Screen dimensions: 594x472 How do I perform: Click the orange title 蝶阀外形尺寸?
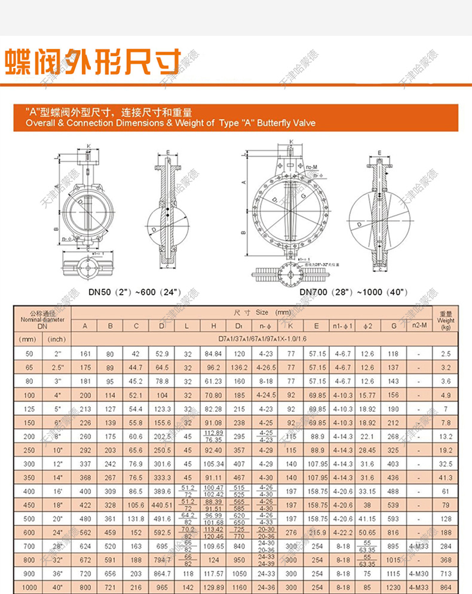coord(93,62)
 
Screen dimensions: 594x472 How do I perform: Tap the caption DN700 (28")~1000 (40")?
coord(354,292)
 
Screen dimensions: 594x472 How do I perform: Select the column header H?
coord(213,326)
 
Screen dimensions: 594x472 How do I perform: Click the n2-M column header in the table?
coord(419,326)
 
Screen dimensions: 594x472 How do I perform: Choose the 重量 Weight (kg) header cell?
coord(446,320)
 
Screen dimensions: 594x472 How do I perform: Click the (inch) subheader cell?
coord(56,339)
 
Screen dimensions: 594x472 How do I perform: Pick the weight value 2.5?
coord(446,354)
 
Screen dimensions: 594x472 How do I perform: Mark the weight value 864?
coord(446,587)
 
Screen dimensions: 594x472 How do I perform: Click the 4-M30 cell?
coord(419,574)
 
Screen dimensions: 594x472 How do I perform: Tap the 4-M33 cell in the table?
coord(419,546)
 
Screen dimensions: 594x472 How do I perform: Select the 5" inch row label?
coord(56,409)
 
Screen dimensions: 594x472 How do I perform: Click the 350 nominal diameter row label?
coord(27,478)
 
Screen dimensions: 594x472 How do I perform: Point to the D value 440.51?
coord(161,505)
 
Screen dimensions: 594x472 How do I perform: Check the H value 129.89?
coord(213,587)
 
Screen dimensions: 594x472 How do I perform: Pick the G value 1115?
coord(393,574)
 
